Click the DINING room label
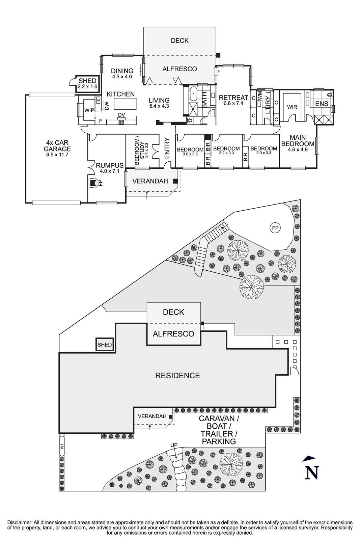pos(122,71)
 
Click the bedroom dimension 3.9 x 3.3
pos(264,153)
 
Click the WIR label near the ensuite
pos(292,107)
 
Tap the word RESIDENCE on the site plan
pos(177,375)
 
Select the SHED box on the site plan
pos(104,345)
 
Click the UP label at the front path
pos(174,445)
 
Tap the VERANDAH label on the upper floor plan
pos(150,181)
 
